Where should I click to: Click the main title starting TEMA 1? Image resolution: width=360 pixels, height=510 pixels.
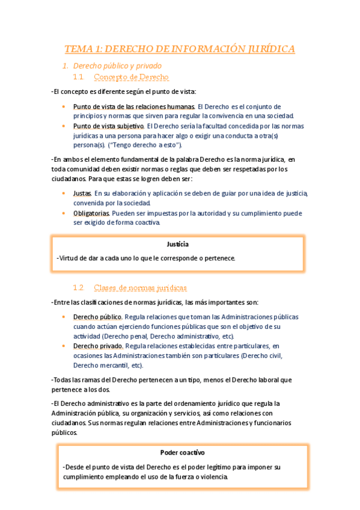(x=180, y=49)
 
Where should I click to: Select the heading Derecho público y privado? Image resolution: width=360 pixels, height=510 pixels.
(x=117, y=65)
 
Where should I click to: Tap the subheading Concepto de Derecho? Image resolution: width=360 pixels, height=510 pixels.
(x=132, y=77)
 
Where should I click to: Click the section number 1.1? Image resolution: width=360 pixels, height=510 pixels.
(x=78, y=77)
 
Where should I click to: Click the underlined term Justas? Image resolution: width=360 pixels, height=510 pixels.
(x=82, y=194)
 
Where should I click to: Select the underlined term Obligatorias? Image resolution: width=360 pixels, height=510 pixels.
(x=91, y=213)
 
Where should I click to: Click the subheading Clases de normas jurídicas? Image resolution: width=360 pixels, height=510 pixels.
(x=141, y=287)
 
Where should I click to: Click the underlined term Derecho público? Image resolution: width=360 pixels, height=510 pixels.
(x=97, y=317)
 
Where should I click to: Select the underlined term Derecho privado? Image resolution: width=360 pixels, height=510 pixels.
(x=98, y=346)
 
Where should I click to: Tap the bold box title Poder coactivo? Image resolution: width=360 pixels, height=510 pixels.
(x=183, y=452)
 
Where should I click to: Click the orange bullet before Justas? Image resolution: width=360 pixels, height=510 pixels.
(x=64, y=194)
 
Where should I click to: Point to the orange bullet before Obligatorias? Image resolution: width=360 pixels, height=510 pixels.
(x=64, y=213)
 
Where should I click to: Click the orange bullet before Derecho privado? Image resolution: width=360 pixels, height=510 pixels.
(x=64, y=346)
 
